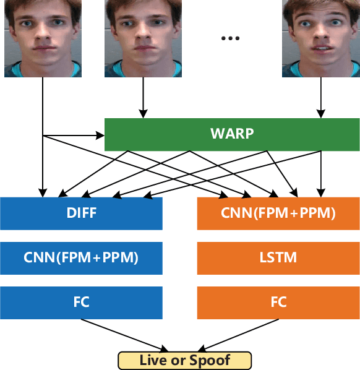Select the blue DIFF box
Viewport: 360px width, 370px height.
click(81, 213)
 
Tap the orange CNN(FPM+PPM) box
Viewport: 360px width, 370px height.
click(278, 213)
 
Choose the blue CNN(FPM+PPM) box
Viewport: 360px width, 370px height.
click(81, 257)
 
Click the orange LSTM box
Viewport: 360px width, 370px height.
click(278, 257)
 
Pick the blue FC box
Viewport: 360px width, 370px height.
click(81, 302)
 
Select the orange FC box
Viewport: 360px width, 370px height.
click(278, 302)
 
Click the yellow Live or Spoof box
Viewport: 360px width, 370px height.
click(185, 360)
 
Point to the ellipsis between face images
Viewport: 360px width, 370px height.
click(229, 38)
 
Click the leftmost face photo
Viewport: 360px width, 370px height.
click(43, 38)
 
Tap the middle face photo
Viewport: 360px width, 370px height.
click(143, 38)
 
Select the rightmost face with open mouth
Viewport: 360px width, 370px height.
click(320, 38)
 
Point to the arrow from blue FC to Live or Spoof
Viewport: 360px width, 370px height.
click(124, 335)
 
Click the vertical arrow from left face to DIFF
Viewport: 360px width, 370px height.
click(43, 155)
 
